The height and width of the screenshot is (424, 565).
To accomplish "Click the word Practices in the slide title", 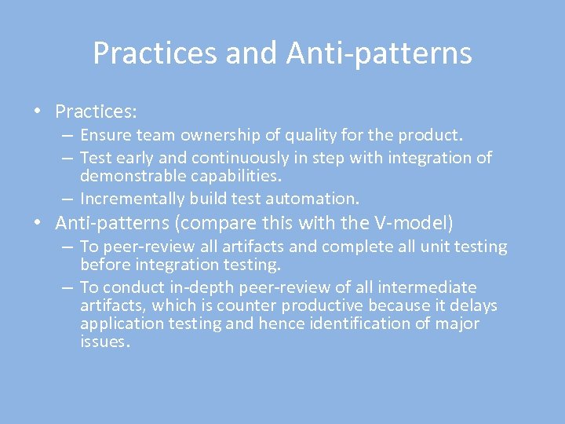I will (155, 53).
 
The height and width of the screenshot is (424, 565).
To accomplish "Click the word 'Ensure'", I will (105, 137).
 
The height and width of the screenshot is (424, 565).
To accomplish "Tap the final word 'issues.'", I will (104, 342).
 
